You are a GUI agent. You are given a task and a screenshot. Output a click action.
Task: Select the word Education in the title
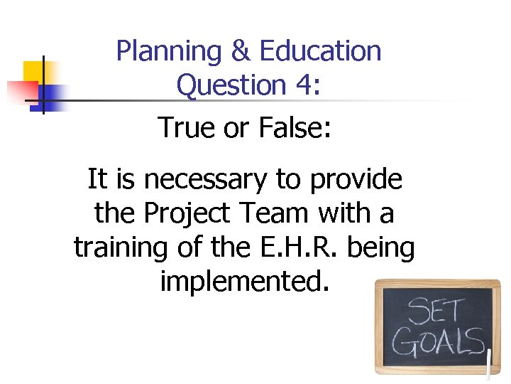pyautogui.click(x=321, y=52)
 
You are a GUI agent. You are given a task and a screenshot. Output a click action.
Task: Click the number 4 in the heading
pyautogui.click(x=304, y=85)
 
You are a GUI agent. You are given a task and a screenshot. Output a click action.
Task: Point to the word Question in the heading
pyautogui.click(x=231, y=86)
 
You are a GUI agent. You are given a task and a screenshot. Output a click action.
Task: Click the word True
pyautogui.click(x=186, y=127)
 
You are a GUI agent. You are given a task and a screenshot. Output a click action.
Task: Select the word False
pyautogui.click(x=294, y=127)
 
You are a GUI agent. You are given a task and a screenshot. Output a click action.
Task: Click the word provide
pyautogui.click(x=355, y=180)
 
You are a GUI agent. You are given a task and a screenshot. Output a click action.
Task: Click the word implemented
pyautogui.click(x=245, y=282)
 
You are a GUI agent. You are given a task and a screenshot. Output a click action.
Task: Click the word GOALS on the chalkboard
pyautogui.click(x=438, y=343)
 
